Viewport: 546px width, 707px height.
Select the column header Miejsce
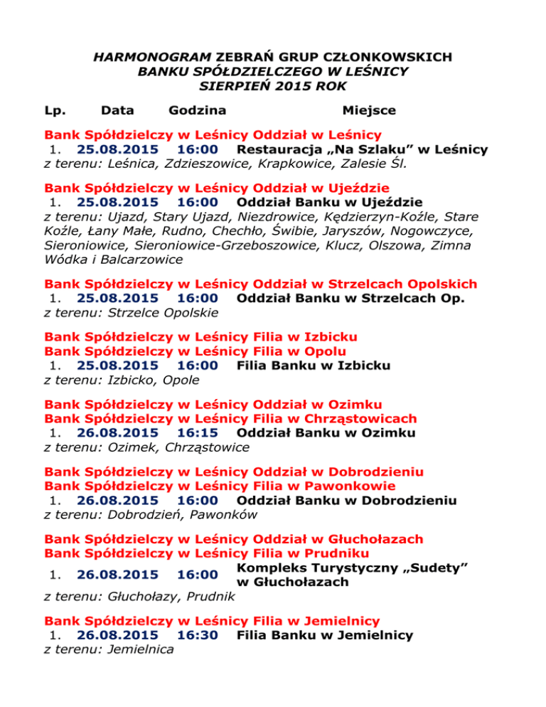[369, 110]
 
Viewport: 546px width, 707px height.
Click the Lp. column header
[55, 110]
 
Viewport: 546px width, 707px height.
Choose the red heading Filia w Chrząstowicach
[335, 419]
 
